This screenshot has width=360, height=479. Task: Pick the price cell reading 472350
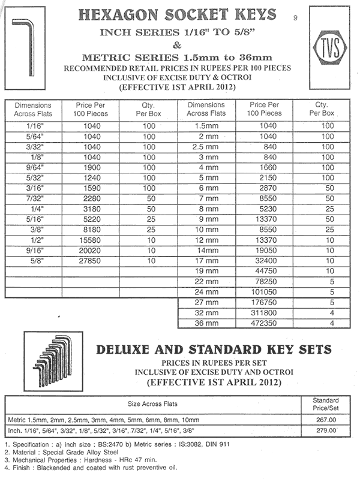[265, 324]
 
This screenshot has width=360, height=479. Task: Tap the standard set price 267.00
[329, 420]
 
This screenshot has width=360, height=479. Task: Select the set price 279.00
[329, 431]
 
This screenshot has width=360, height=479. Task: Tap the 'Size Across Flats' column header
[153, 403]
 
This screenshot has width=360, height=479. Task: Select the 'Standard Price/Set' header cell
[329, 403]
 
